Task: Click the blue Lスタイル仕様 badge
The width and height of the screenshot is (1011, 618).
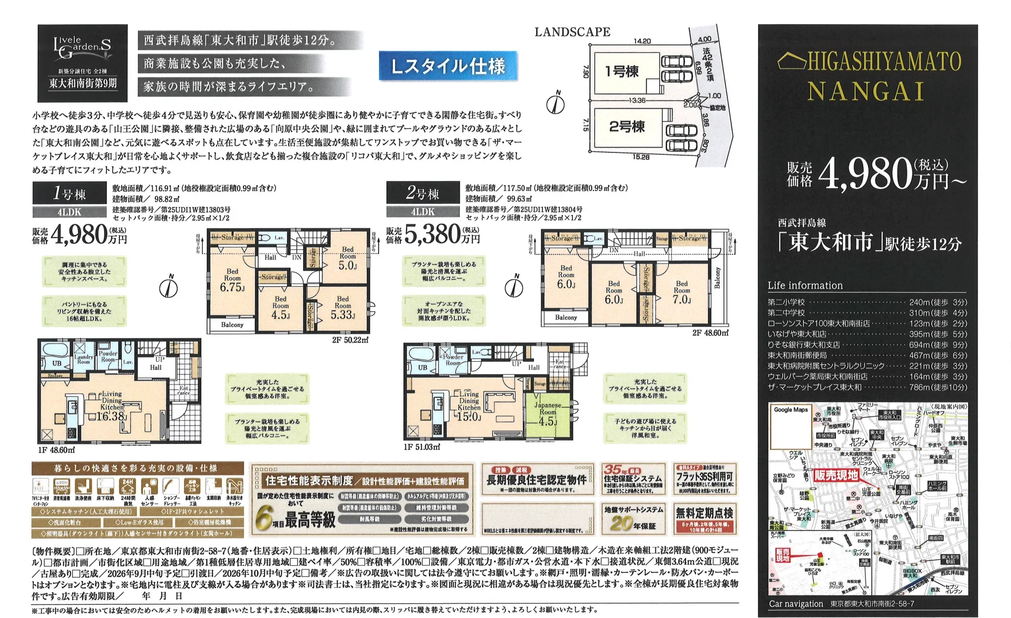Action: coord(448,66)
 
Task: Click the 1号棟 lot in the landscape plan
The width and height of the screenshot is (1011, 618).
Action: coord(622,72)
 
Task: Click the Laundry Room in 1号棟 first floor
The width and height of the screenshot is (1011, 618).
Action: coord(84,359)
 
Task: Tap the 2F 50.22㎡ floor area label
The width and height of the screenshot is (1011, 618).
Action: coord(350,340)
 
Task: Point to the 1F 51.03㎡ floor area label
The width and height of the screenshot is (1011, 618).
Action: coord(421,447)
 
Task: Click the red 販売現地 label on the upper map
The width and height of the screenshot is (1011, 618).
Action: coord(836,475)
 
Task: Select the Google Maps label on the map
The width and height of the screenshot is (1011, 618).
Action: coord(791,410)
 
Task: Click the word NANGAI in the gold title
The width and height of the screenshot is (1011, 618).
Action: coord(866,92)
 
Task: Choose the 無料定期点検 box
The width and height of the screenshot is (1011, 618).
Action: coord(704,519)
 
